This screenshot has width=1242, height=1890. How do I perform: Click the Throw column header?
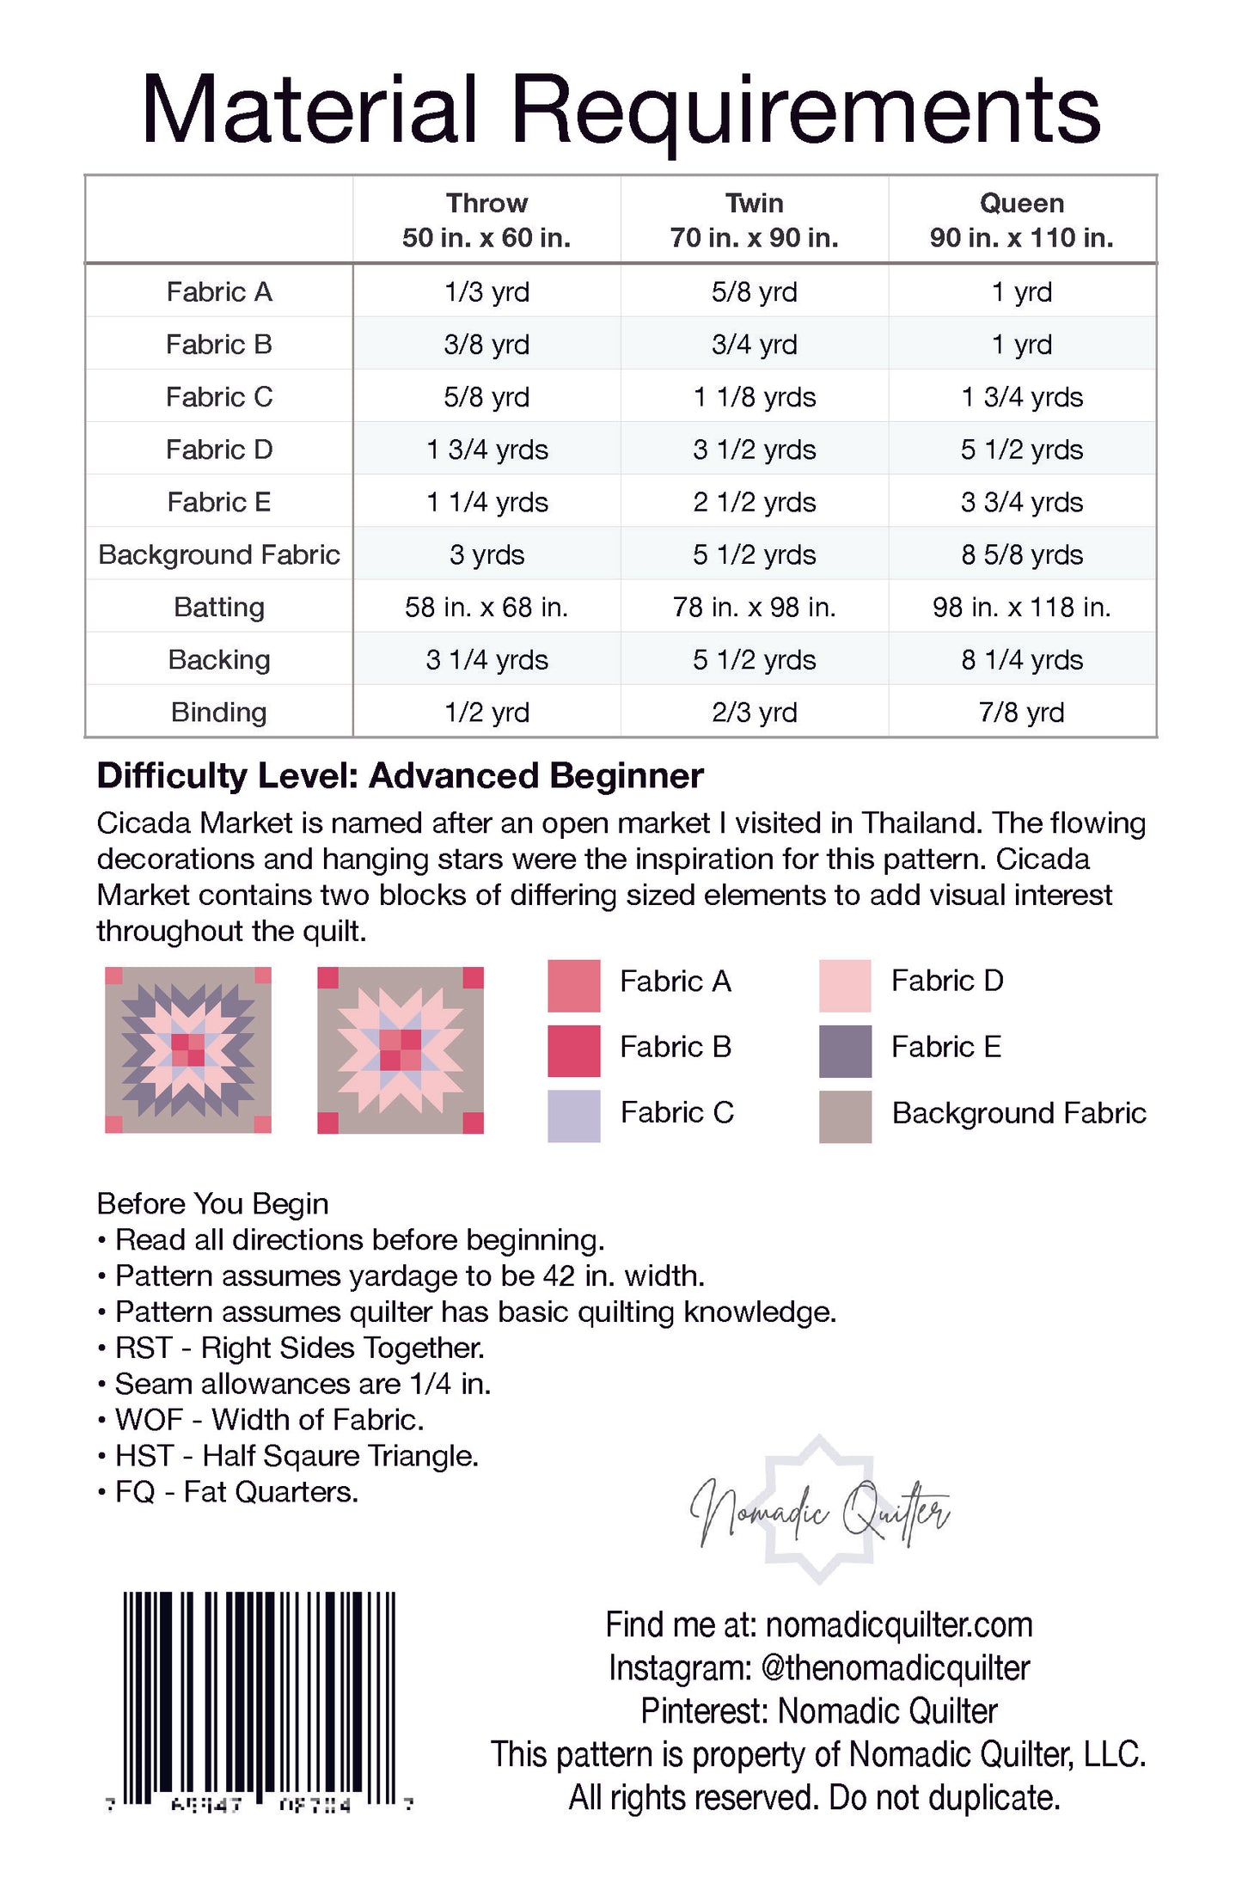[486, 220]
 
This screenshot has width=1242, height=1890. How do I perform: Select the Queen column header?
[1021, 220]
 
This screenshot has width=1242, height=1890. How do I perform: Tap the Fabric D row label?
[219, 450]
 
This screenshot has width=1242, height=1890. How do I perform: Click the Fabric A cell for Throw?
[486, 292]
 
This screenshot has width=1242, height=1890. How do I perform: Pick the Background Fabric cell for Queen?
[1021, 555]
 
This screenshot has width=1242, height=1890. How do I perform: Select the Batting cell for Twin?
[754, 608]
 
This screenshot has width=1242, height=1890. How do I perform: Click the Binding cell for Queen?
[1021, 713]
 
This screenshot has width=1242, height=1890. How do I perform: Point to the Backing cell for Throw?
[486, 660]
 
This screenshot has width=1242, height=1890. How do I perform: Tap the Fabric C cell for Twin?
[754, 397]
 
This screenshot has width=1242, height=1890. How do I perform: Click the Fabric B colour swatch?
[573, 1050]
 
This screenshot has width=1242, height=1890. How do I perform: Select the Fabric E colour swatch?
[845, 1050]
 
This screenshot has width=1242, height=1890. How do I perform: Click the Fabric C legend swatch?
[573, 1116]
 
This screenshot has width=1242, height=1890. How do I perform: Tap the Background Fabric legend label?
[1019, 1113]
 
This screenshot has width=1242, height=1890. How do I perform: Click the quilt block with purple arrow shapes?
[188, 1049]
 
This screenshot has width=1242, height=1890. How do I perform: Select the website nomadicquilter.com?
[898, 1625]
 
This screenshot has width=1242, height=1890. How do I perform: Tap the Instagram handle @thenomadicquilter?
[895, 1668]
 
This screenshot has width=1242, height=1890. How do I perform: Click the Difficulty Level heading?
[400, 776]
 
